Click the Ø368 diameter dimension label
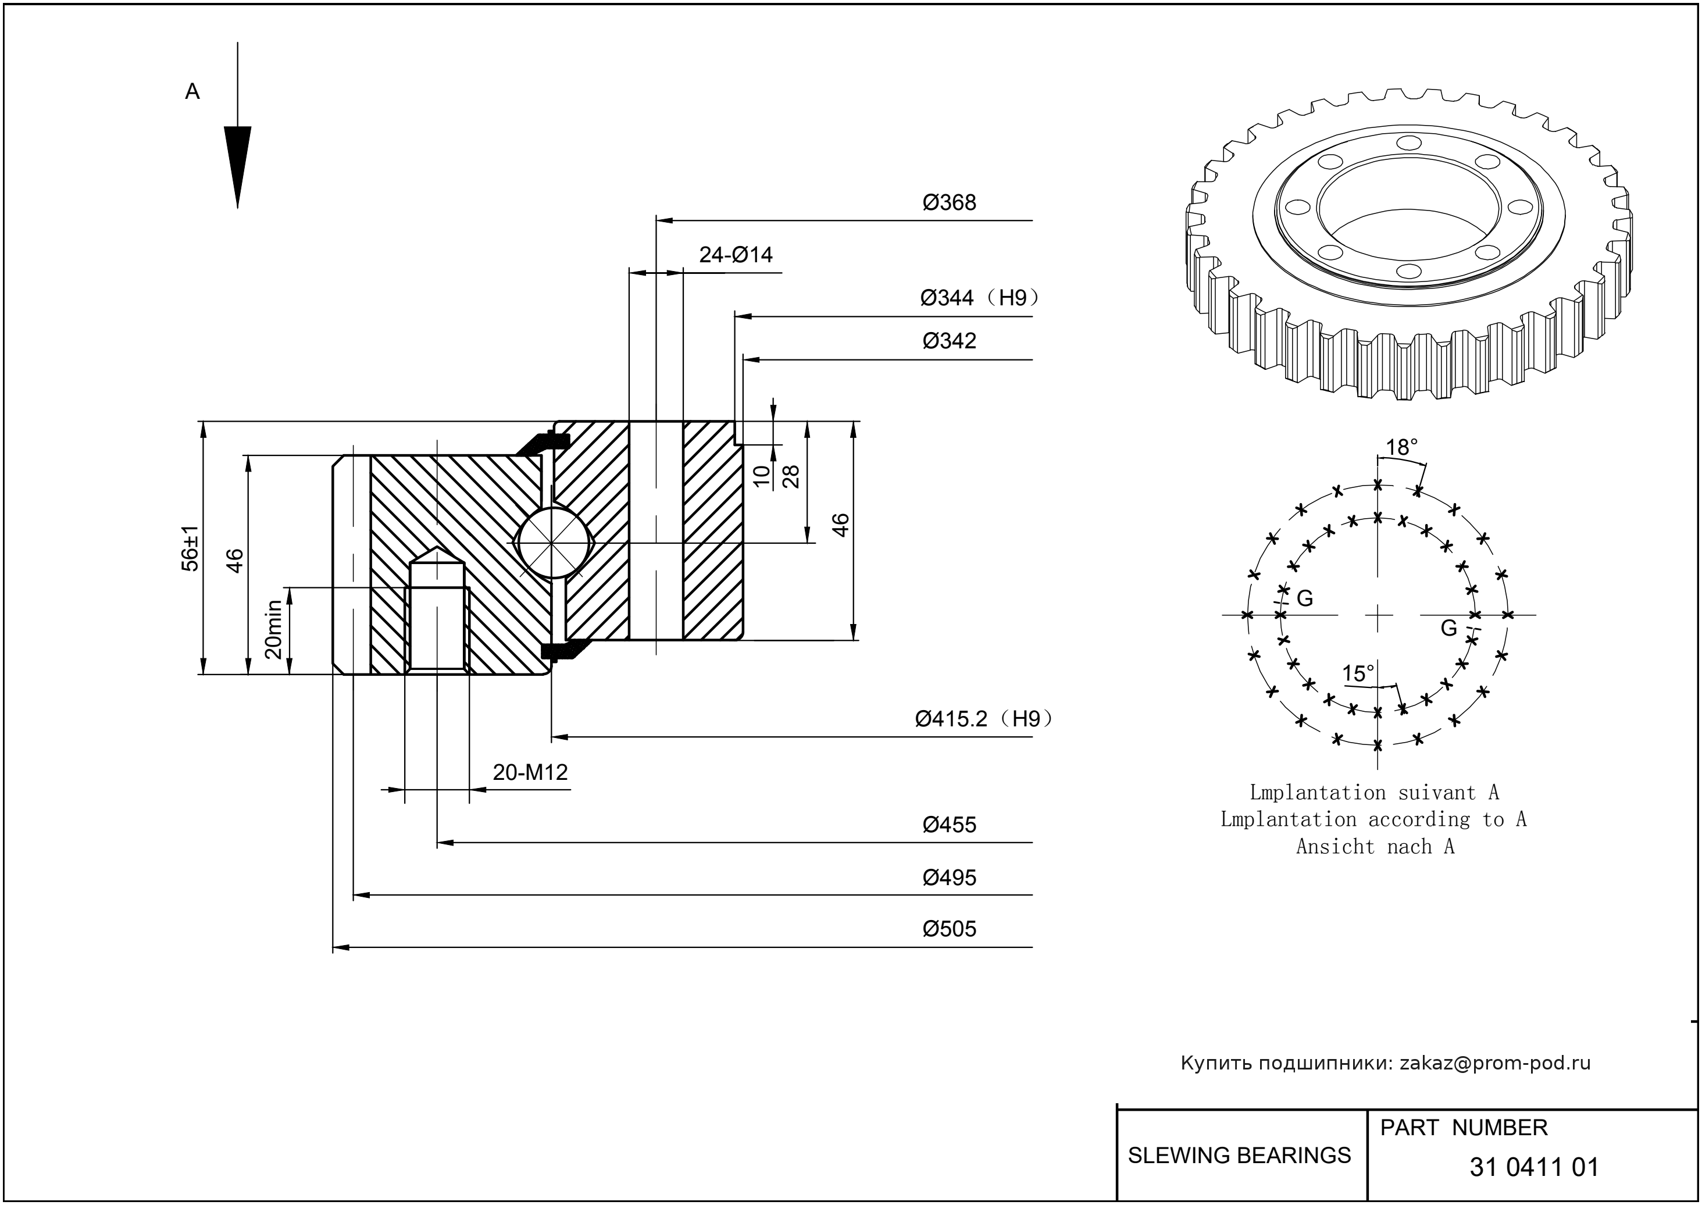pos(949,202)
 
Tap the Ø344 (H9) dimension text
pos(979,298)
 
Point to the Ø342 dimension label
pos(949,341)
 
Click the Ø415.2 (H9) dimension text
pos(984,719)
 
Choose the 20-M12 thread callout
pos(530,773)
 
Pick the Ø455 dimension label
pos(949,825)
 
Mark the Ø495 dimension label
pos(949,878)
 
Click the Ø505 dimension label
pos(949,929)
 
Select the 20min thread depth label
pos(274,629)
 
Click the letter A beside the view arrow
pos(192,92)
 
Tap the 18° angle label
pos(1401,447)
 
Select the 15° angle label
pos(1358,673)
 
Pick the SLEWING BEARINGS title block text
pos(1239,1156)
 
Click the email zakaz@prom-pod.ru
pos(1494,1063)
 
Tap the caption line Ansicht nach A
pos(1375,847)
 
